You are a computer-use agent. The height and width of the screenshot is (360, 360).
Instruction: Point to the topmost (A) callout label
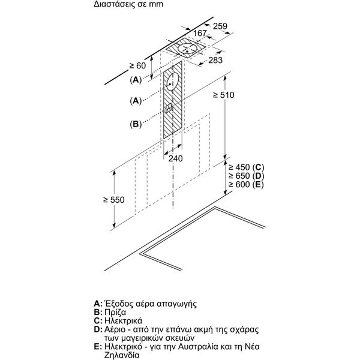[x=137, y=79]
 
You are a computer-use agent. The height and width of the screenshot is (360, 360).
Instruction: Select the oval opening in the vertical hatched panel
[x=173, y=82]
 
